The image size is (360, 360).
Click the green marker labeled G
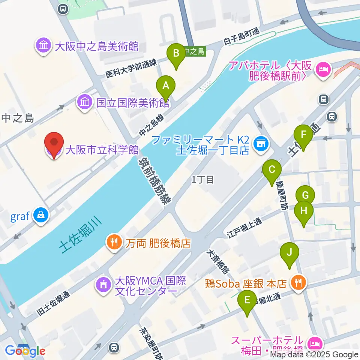click(305, 195)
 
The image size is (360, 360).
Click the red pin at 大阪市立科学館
click(54, 145)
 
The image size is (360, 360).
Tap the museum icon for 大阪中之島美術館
click(43, 46)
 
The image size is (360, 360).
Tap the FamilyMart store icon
click(260, 144)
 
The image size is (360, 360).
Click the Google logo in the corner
click(25, 351)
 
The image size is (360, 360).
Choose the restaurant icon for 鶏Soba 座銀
click(298, 282)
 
